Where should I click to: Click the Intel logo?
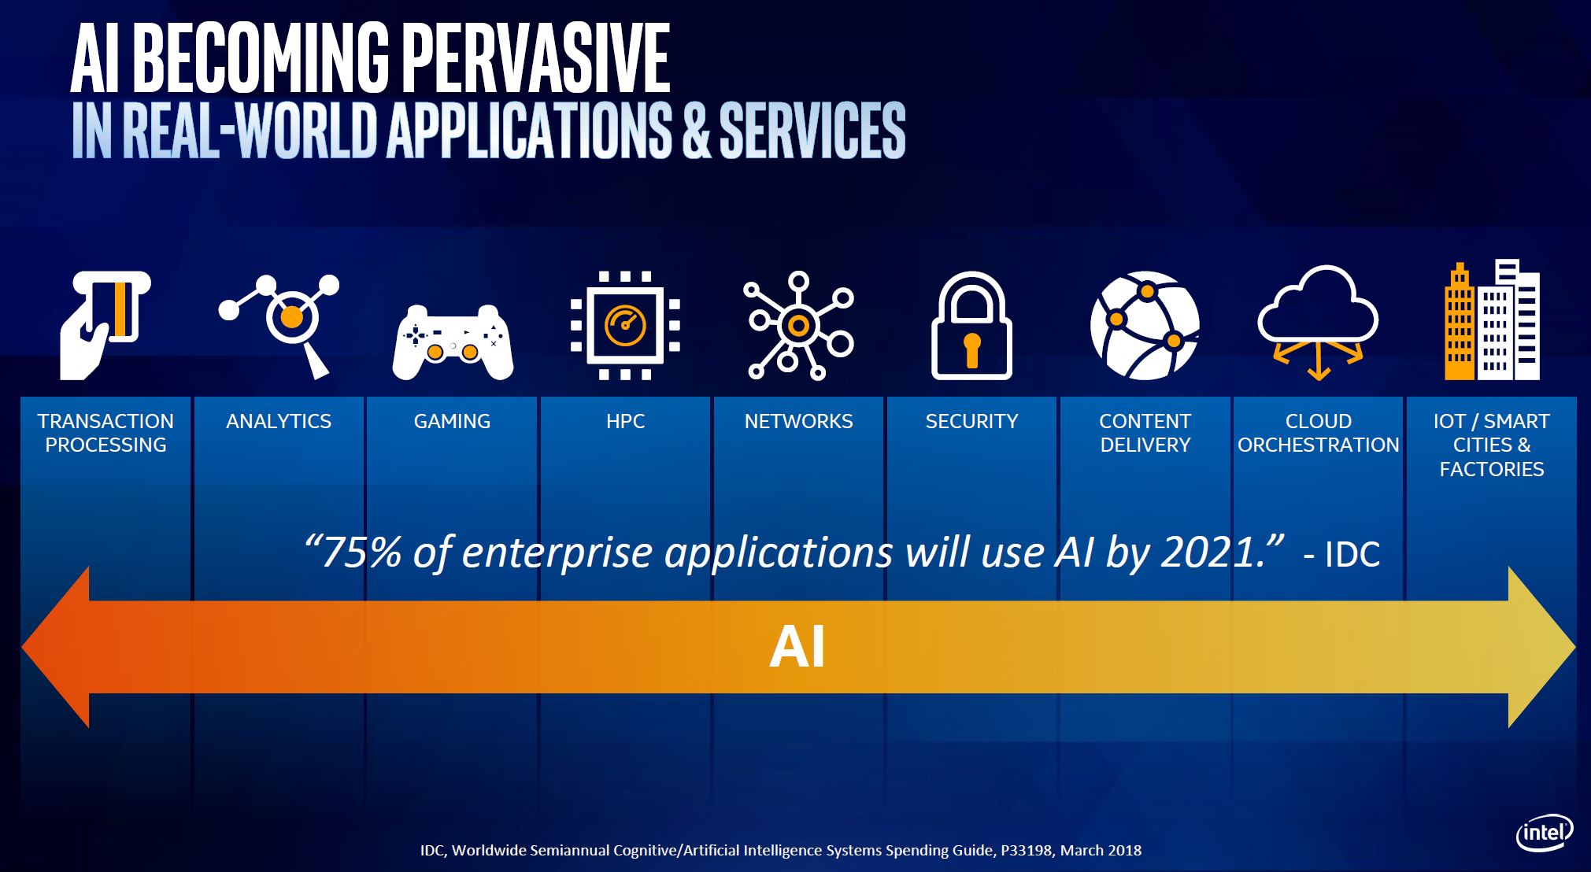point(1545,833)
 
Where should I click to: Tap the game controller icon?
point(453,342)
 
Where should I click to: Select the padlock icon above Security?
point(971,326)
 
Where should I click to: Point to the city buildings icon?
point(1492,320)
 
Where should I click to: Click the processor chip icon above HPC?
point(625,325)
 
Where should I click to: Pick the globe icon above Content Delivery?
point(1145,325)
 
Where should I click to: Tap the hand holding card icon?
point(105,326)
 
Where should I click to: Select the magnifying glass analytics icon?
point(279,326)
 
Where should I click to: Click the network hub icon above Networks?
point(798,325)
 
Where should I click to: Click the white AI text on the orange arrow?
point(797,647)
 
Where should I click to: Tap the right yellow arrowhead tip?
point(1575,647)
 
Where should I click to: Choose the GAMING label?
point(452,421)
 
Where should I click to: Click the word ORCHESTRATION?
point(1319,445)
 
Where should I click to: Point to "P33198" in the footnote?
point(1027,850)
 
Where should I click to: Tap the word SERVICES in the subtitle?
point(812,130)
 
